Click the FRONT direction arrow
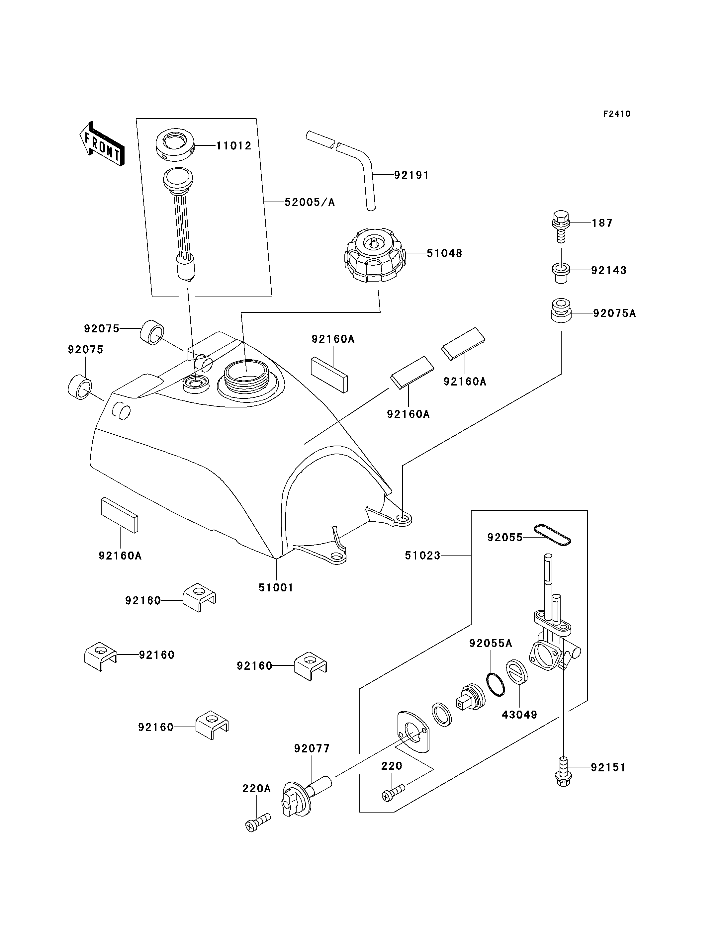click(x=102, y=144)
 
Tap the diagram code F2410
click(x=617, y=114)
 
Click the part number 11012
click(x=234, y=145)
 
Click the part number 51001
click(x=276, y=588)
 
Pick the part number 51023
click(x=422, y=556)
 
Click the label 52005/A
click(x=310, y=202)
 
